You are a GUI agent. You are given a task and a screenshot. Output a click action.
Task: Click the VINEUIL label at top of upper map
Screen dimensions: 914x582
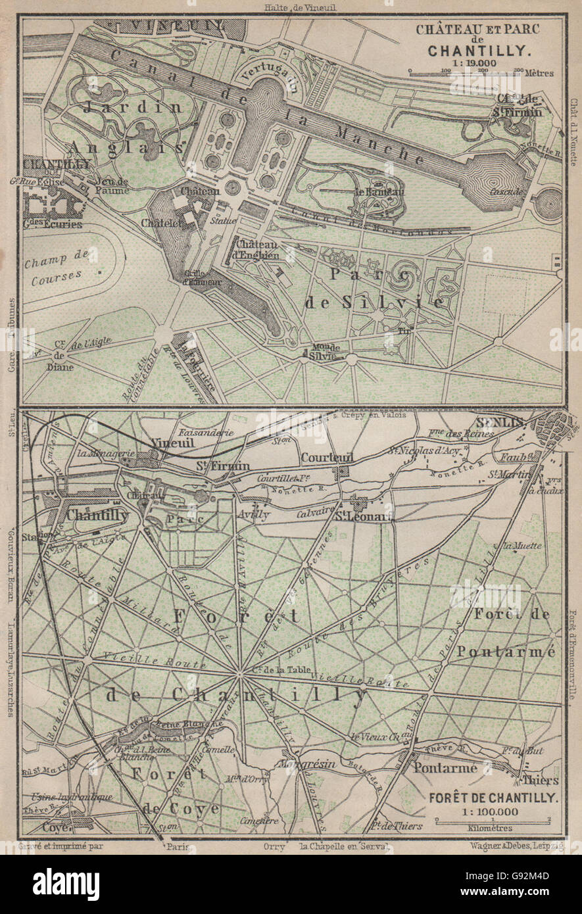(x=178, y=27)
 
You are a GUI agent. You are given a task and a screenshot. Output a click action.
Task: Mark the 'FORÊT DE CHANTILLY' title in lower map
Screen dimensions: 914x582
(x=493, y=798)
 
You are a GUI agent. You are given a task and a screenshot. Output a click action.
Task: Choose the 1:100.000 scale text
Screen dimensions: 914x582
(x=493, y=811)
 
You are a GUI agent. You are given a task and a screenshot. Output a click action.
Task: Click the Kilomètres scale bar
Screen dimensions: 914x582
(x=493, y=822)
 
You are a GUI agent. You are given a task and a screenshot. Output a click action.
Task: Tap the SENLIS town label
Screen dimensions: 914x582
(x=503, y=421)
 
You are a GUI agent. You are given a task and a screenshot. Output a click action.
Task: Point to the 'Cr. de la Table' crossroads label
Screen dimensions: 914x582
(x=276, y=671)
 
